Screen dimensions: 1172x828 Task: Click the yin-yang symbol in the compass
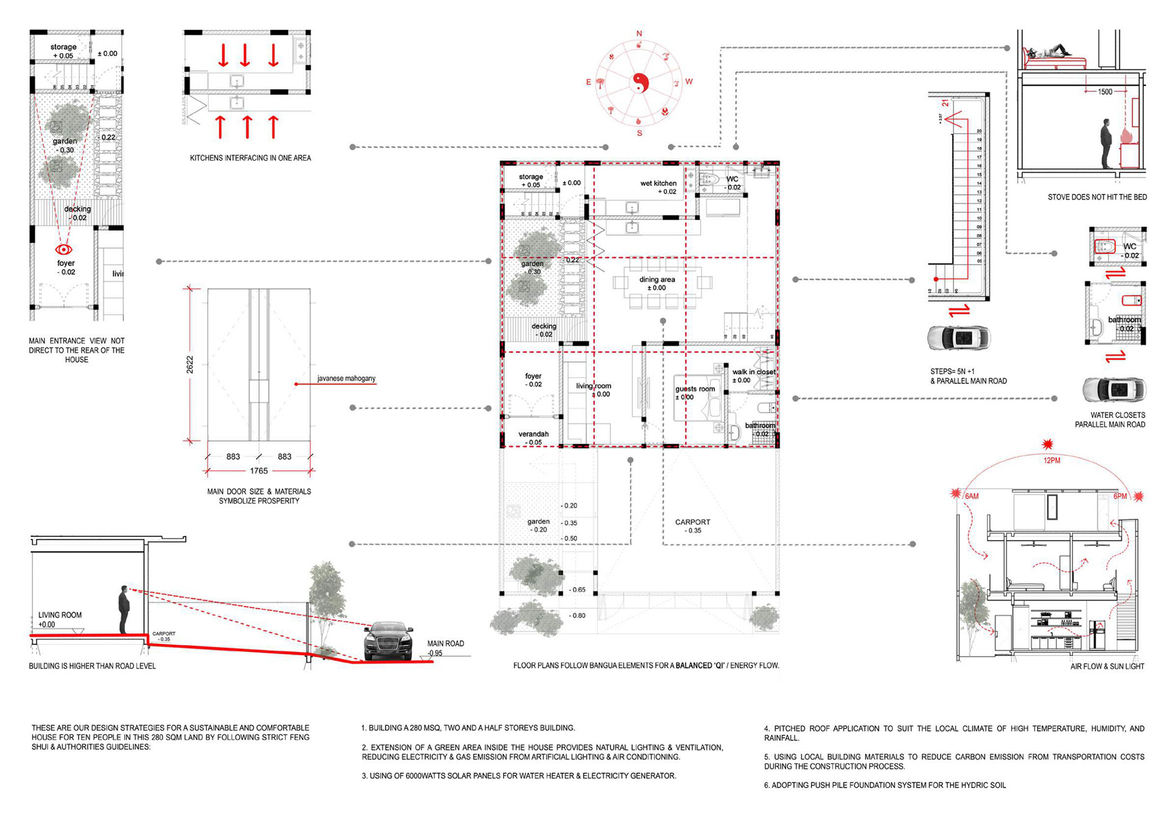pyautogui.click(x=639, y=82)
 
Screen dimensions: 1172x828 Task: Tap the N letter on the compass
pyautogui.click(x=639, y=34)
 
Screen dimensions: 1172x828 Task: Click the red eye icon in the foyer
pyautogui.click(x=63, y=249)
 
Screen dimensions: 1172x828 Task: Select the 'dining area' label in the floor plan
pyautogui.click(x=657, y=279)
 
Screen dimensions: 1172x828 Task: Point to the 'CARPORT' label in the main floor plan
pyautogui.click(x=692, y=522)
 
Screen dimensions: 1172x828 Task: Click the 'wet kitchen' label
pyautogui.click(x=658, y=183)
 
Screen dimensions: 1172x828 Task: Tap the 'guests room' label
pyautogui.click(x=695, y=389)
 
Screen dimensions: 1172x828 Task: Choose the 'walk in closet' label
pyautogui.click(x=754, y=372)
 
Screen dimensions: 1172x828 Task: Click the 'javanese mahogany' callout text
pyautogui.click(x=346, y=378)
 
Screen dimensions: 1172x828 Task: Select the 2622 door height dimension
pyautogui.click(x=190, y=364)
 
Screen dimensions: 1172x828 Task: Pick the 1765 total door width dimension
pyautogui.click(x=259, y=471)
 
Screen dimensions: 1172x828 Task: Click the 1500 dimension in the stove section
pyautogui.click(x=1105, y=92)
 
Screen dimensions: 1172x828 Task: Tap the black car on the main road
pyautogui.click(x=388, y=641)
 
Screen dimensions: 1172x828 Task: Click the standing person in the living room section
pyautogui.click(x=124, y=610)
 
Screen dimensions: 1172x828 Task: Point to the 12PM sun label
pyautogui.click(x=1052, y=461)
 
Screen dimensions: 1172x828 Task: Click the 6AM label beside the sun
pyautogui.click(x=971, y=496)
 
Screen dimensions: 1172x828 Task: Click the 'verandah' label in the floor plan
pyautogui.click(x=534, y=434)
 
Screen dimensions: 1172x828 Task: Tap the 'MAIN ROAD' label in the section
pyautogui.click(x=445, y=644)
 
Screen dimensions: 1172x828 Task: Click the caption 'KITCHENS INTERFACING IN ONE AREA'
pyautogui.click(x=250, y=158)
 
